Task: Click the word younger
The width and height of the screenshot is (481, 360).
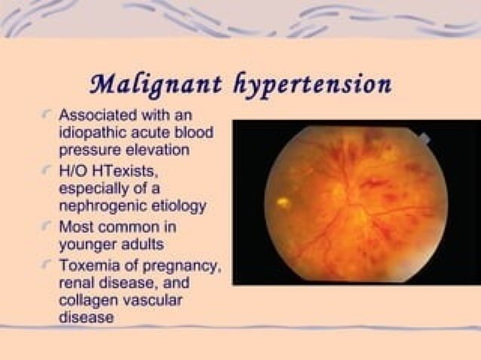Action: pos(87,244)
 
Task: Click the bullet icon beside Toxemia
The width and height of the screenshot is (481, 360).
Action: pos(47,267)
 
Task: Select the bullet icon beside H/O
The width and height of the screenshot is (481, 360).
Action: pos(47,172)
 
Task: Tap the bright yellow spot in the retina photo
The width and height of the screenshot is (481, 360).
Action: pos(283,202)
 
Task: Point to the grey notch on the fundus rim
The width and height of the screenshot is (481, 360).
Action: pos(424,139)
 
